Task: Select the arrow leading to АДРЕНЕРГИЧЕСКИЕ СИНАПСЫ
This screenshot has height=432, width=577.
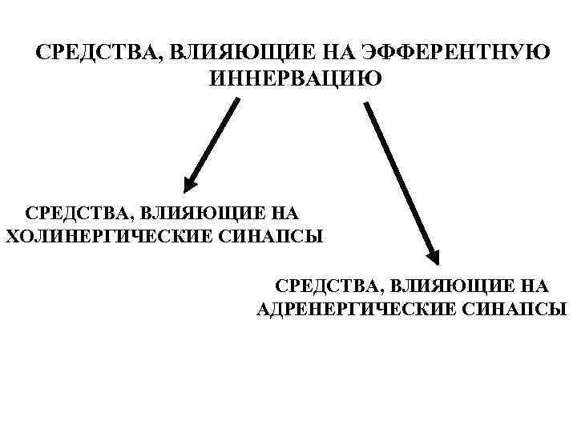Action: click(401, 180)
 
